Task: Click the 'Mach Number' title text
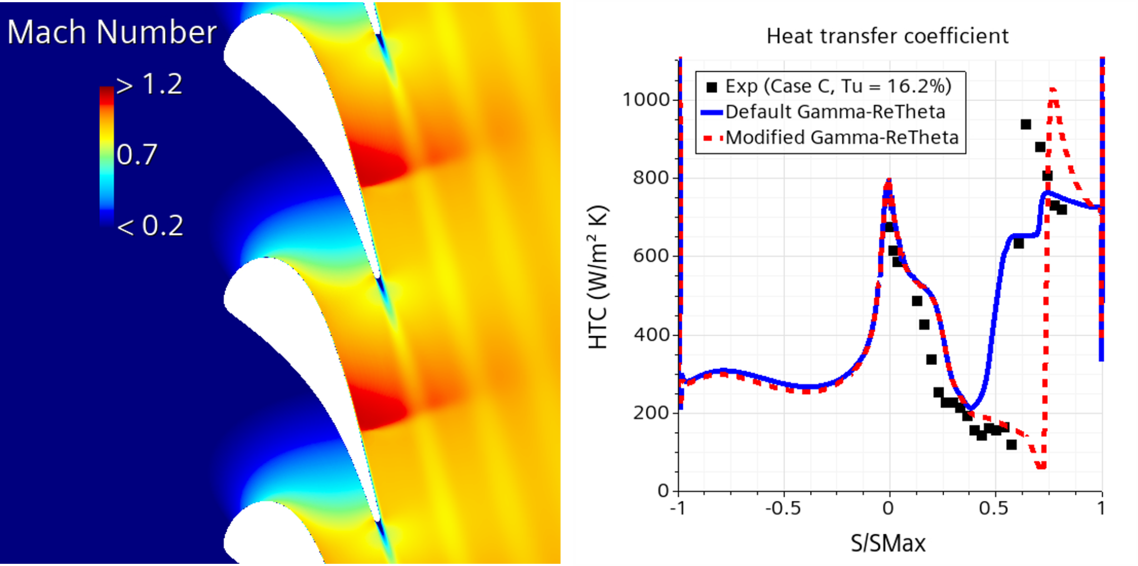(112, 32)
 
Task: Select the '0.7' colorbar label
(137, 155)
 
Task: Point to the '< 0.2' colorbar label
(149, 226)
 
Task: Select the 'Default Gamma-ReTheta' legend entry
(835, 112)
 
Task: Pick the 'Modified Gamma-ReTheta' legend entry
(842, 137)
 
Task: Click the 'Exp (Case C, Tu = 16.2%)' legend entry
(838, 87)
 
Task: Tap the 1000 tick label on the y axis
(646, 100)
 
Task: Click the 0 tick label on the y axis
(663, 491)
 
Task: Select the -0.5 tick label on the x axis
(783, 508)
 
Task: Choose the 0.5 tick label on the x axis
(994, 508)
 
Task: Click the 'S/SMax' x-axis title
(888, 543)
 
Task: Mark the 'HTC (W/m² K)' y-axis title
(598, 277)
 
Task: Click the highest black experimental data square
(1026, 125)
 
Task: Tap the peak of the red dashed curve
(1053, 90)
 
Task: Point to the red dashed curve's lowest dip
(1041, 466)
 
